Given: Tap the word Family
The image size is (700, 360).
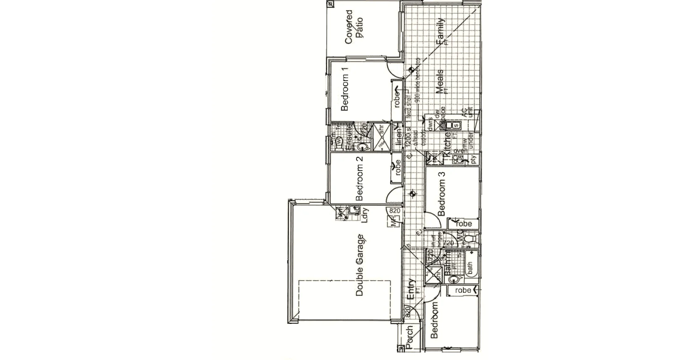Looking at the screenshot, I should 440,31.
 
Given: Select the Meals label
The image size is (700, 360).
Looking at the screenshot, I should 440,81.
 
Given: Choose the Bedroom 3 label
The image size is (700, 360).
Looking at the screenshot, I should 442,194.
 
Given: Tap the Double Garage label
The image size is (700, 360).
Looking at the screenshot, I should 360,265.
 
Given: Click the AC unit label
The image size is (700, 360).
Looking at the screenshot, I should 467,112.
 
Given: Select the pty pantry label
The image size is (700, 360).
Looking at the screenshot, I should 473,159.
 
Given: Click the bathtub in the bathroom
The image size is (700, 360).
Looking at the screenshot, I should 471,266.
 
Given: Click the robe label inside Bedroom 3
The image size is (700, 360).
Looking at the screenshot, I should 463,223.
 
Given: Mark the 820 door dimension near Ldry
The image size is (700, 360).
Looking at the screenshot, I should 394,210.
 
